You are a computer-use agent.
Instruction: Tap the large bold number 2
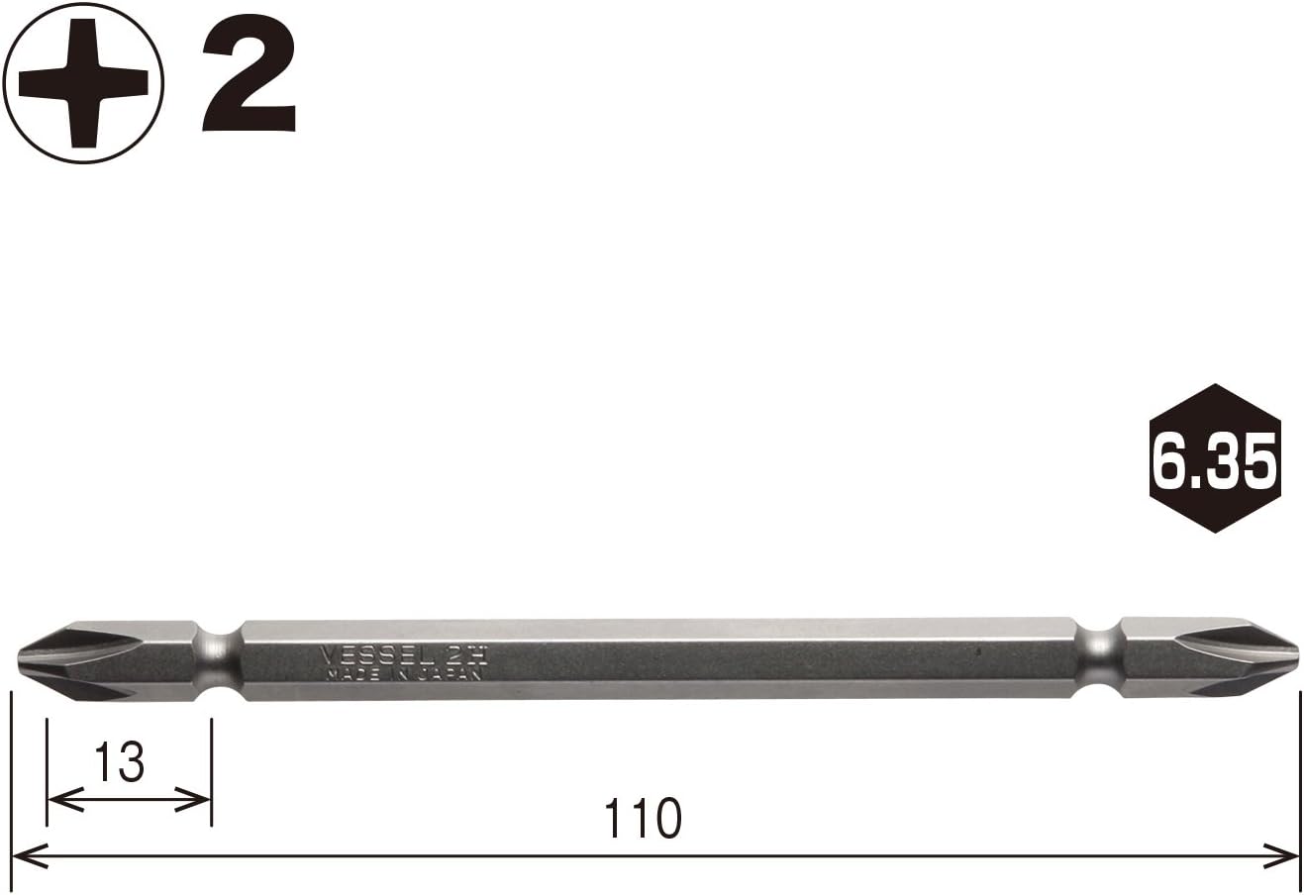[x=250, y=78]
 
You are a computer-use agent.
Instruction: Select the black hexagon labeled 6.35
[x=1214, y=458]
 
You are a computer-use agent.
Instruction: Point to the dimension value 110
[x=643, y=818]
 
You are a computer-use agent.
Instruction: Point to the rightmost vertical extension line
[x=1299, y=782]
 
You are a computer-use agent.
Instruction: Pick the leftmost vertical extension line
[x=12, y=782]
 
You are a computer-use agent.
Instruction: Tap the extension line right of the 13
[x=212, y=762]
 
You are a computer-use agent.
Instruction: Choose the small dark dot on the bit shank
[x=978, y=653]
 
